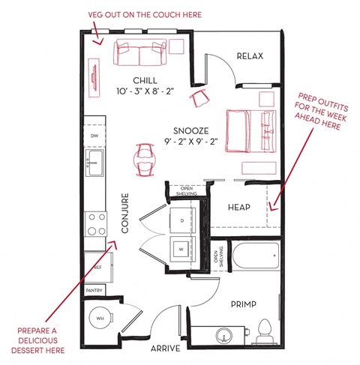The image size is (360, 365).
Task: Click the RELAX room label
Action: [x=250, y=56]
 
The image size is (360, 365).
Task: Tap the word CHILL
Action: [x=145, y=80]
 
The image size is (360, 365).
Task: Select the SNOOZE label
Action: [x=191, y=131]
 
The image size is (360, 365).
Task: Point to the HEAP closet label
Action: [x=239, y=207]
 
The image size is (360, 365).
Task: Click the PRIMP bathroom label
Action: [x=244, y=304]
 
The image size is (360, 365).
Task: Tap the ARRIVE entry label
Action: [x=165, y=349]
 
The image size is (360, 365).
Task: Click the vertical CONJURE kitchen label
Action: [x=125, y=213]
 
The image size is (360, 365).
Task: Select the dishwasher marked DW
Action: [x=94, y=136]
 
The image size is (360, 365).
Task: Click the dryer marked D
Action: [x=182, y=220]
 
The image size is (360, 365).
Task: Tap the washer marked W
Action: [x=181, y=250]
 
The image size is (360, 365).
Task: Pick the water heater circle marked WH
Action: [x=100, y=318]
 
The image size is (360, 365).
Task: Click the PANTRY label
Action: [x=94, y=291]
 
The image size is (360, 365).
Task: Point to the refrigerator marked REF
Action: [x=98, y=268]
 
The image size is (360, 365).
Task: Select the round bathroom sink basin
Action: [x=224, y=336]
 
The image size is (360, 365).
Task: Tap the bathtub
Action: [x=256, y=256]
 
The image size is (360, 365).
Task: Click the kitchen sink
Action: [x=94, y=163]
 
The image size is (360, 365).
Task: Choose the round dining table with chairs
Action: [x=145, y=160]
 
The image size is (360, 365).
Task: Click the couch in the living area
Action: [x=140, y=52]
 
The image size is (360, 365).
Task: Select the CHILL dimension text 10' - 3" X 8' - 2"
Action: [x=145, y=91]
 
